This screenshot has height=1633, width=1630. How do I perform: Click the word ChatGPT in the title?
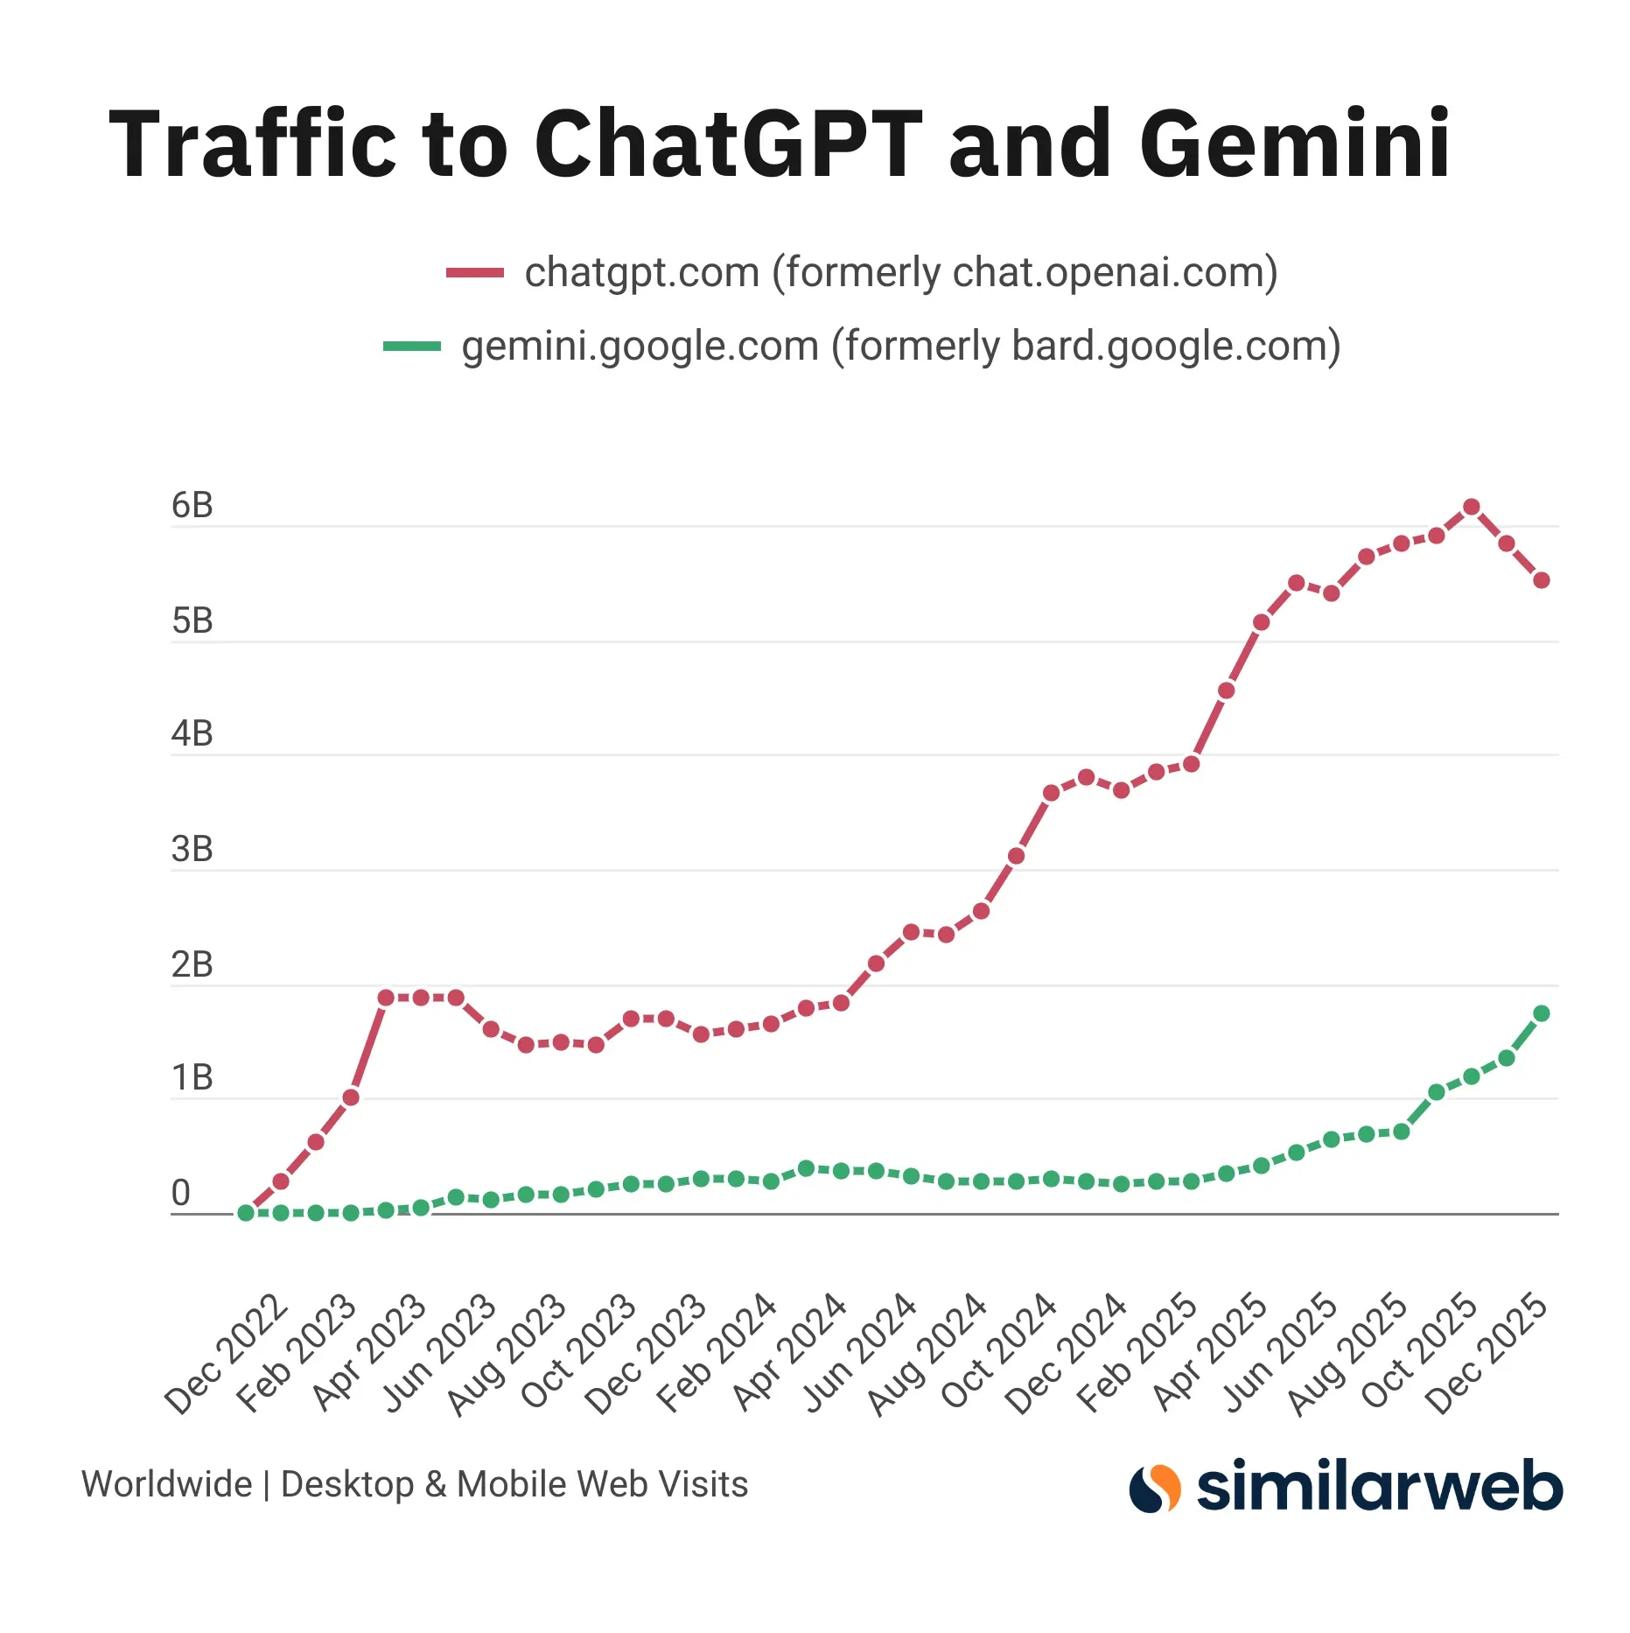(728, 144)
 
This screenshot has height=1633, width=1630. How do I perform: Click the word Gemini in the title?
(1295, 144)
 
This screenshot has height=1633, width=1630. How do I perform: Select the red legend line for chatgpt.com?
(475, 273)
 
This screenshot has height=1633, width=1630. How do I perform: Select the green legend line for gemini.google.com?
(412, 347)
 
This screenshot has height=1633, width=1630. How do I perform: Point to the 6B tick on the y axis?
(192, 506)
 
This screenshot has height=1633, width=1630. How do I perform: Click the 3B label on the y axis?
(192, 849)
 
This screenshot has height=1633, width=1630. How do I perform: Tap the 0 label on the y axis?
(180, 1193)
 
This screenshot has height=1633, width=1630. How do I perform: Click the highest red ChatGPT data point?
(1472, 507)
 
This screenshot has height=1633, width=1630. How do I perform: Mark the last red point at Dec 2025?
(1542, 580)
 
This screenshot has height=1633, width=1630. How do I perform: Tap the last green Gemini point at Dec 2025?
(1542, 1013)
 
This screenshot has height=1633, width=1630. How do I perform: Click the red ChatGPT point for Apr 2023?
(386, 998)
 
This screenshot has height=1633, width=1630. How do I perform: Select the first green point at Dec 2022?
(246, 1213)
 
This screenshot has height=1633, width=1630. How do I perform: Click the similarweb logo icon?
(1155, 1488)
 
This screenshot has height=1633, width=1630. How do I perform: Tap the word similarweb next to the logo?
(1379, 1486)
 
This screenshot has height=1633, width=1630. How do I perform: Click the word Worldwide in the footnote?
(166, 1484)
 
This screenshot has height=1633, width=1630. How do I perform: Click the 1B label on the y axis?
(192, 1078)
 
